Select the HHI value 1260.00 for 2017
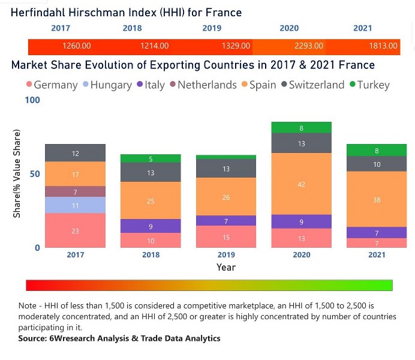76,46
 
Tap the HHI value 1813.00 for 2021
383,46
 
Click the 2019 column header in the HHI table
212,28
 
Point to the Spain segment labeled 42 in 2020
302,184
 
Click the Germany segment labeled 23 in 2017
76,230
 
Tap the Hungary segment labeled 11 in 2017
76,205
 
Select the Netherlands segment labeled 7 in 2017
76,191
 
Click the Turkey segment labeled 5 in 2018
151,159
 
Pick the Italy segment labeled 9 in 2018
151,226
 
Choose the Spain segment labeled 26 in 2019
226,197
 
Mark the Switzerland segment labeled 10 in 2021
377,164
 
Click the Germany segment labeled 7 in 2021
377,243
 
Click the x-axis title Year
226,267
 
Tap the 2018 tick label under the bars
151,255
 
